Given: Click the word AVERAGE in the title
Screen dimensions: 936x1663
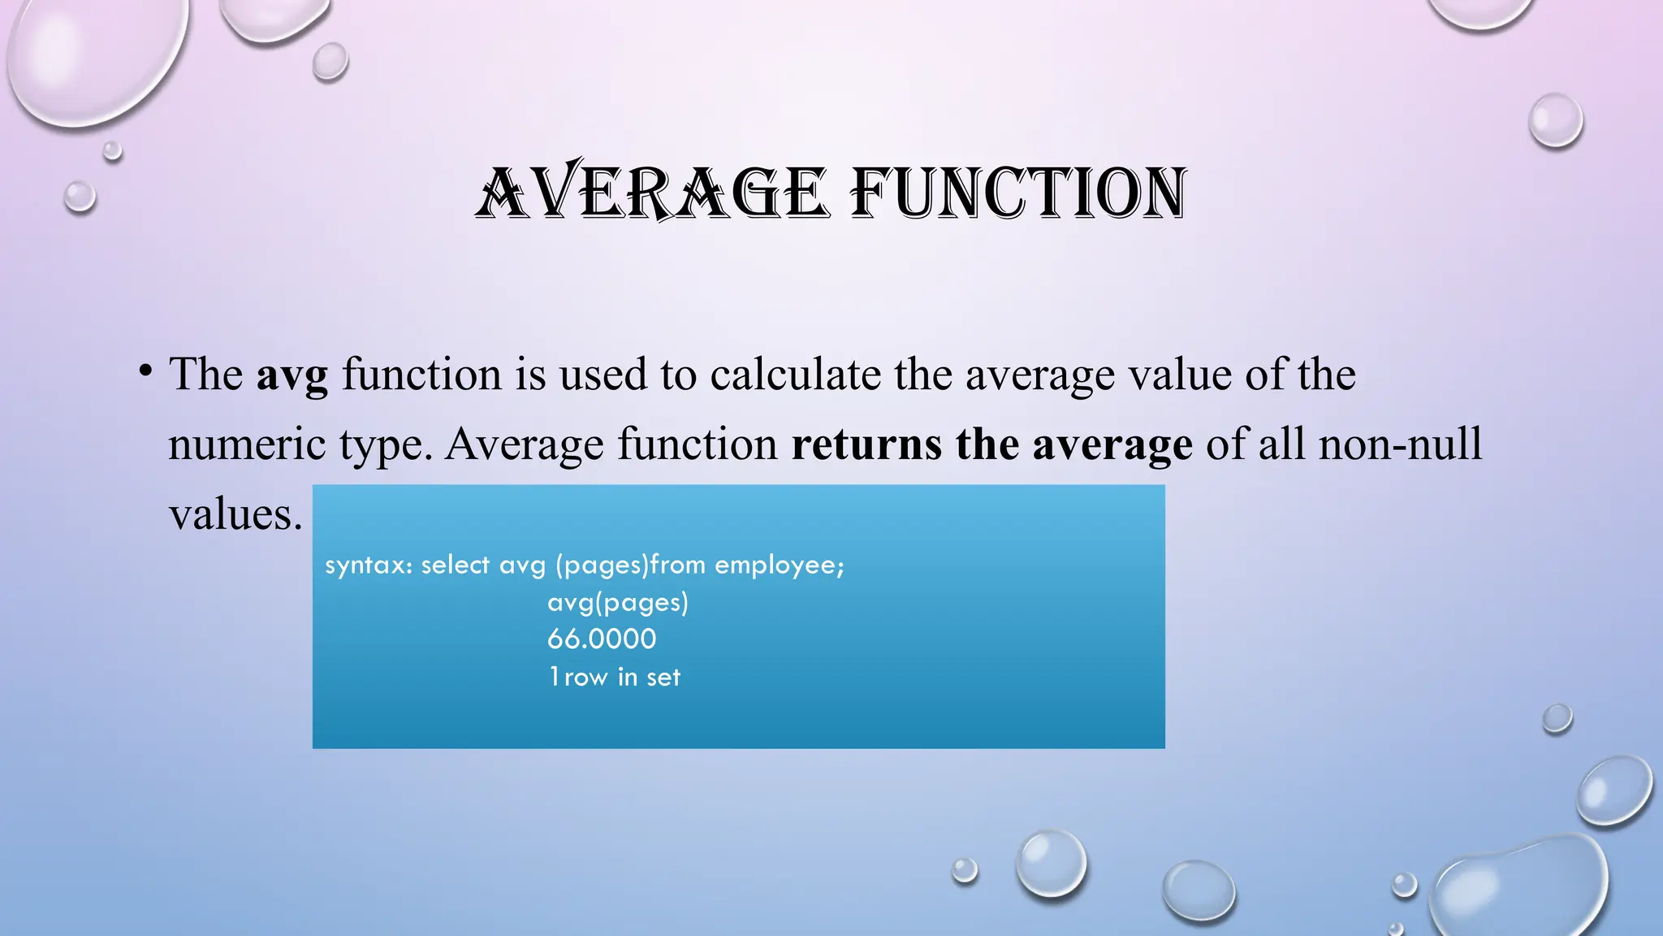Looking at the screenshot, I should [652, 193].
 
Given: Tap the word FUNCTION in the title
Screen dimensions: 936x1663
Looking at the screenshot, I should [1017, 193].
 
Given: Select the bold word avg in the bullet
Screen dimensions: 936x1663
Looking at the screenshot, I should [292, 375].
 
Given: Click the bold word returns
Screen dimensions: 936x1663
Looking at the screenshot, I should [866, 444].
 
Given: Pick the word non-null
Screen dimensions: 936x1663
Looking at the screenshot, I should [1400, 444].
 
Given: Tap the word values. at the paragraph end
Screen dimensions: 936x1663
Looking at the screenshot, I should [235, 514].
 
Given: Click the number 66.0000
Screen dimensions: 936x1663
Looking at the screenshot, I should [602, 639].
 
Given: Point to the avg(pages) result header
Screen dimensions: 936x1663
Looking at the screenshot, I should [618, 603].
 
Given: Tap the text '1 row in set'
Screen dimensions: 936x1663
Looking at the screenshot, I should [615, 677].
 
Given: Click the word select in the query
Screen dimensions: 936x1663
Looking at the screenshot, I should [456, 565].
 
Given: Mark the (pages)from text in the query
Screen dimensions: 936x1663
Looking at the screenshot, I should [631, 565].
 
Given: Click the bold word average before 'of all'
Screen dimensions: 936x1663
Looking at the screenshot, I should [1112, 444].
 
